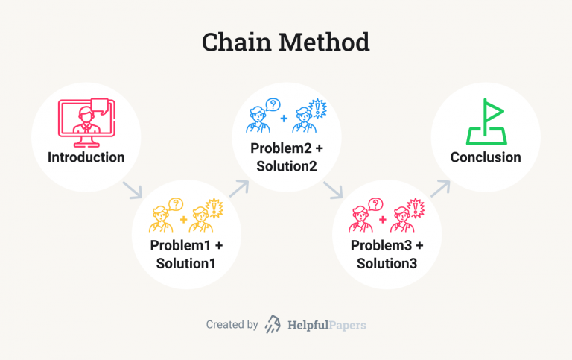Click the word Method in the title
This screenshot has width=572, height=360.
(x=326, y=42)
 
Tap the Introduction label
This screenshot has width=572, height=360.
(x=86, y=157)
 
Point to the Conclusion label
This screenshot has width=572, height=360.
(x=486, y=157)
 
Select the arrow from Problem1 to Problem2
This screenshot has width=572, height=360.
(x=238, y=187)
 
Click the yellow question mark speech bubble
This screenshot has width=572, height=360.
(x=176, y=203)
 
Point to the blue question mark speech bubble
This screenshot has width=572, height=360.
(x=273, y=105)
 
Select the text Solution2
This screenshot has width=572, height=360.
(x=287, y=165)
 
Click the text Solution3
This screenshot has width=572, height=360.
(x=387, y=263)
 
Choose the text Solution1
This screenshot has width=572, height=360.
(x=186, y=263)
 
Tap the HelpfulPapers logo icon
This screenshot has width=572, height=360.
(x=273, y=325)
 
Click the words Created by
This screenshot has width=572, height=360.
(x=232, y=325)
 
